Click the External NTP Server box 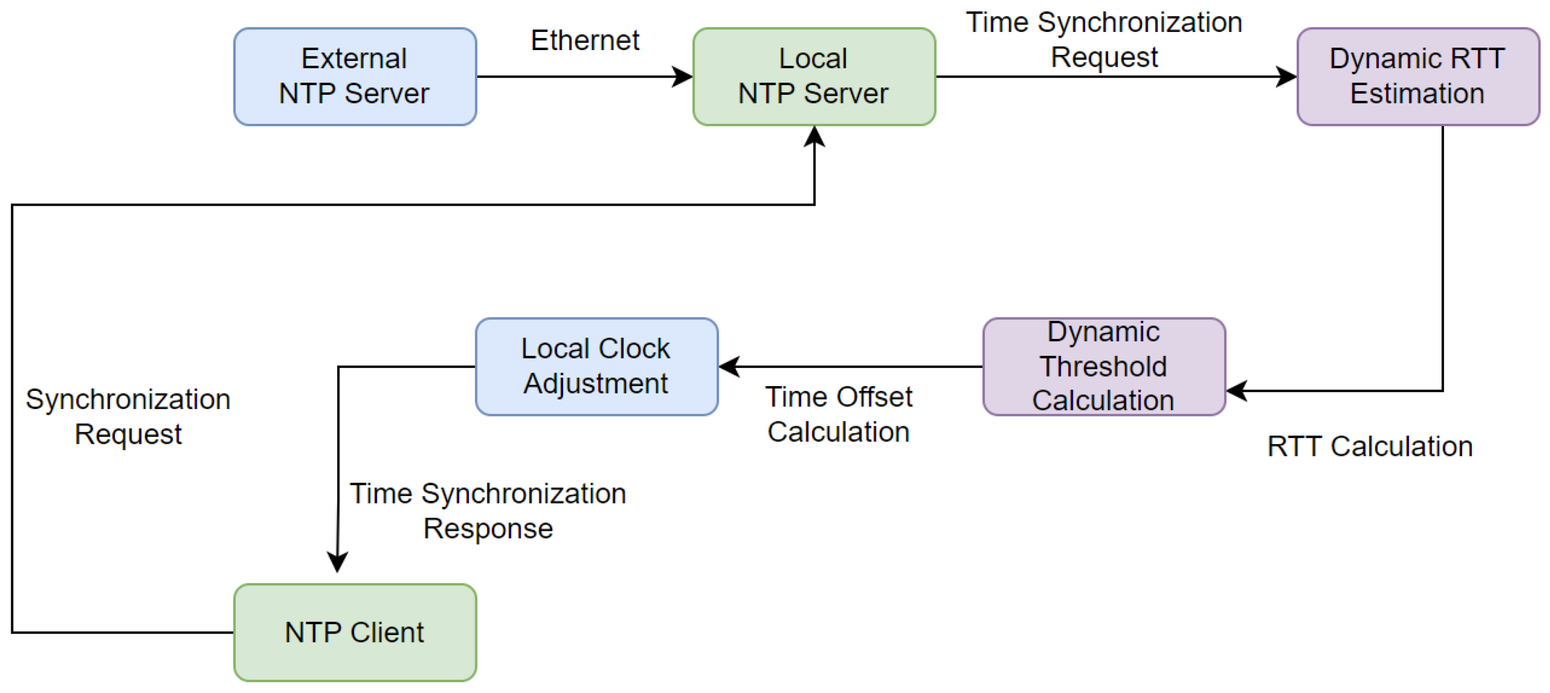point(355,77)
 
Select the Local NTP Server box point(814,77)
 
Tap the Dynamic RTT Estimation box point(1417,77)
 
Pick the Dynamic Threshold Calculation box point(1104,366)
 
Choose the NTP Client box point(355,632)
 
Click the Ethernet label point(585,40)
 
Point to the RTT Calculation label point(1369,446)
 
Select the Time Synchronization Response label point(488,511)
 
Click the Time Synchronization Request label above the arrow point(1104,40)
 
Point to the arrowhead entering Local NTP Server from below point(814,136)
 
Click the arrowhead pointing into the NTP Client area point(337,562)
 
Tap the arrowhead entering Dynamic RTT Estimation point(1286,77)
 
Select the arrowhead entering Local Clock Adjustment point(729,366)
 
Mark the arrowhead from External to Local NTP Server point(682,77)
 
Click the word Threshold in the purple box point(1104,366)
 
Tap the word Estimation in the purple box point(1417,93)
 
